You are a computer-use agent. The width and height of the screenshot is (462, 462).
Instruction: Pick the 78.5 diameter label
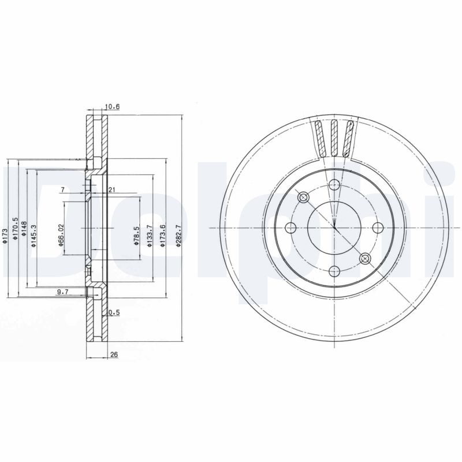point(135,237)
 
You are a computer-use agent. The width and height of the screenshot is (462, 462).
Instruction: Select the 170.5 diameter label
point(16,230)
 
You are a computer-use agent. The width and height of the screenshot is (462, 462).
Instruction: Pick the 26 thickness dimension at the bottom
point(114,355)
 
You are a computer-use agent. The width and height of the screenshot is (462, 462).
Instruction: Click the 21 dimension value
point(112,190)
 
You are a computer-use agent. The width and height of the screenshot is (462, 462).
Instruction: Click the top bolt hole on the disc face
point(334,185)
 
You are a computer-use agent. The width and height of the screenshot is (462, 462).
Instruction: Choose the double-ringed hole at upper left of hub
point(304,198)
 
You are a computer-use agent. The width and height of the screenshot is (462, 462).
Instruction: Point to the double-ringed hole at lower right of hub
point(364,258)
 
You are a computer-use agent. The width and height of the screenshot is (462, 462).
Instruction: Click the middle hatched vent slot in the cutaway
point(334,139)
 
